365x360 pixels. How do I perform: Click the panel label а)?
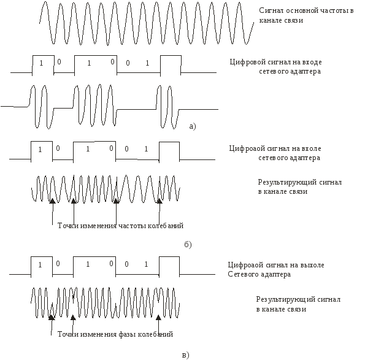click(193, 126)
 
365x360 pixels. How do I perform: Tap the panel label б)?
click(188, 244)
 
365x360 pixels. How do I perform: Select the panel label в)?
click(185, 355)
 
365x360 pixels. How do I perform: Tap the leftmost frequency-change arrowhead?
click(52, 201)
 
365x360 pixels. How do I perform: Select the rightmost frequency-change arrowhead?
click(159, 201)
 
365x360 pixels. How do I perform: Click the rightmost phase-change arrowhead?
click(158, 318)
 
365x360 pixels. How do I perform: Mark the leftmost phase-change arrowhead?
click(52, 318)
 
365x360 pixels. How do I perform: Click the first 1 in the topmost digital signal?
click(41, 63)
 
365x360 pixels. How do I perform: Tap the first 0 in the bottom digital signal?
click(58, 264)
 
